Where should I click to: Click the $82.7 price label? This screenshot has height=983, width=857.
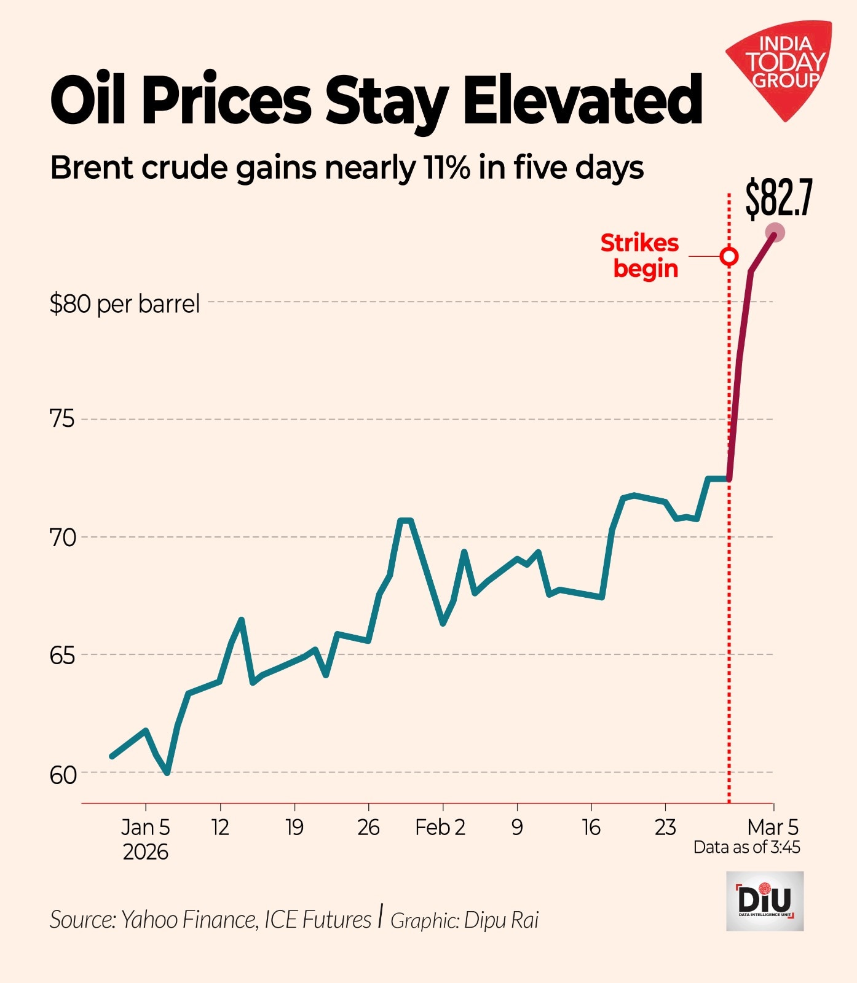coord(779,198)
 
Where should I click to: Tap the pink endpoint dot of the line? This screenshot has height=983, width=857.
coord(775,233)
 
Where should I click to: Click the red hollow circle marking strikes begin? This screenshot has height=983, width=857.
coord(729,256)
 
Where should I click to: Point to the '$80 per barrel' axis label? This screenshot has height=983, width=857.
coord(125,304)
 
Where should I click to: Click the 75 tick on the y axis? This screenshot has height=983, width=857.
coord(61,420)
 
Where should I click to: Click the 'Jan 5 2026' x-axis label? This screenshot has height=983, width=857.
coord(146,839)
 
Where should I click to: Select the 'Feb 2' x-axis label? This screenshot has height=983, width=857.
coord(440,828)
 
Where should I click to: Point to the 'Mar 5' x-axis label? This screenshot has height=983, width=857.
coord(773,827)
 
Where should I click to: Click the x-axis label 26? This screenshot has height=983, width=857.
coord(368,828)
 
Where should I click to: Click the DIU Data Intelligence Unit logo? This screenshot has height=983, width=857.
coord(765,901)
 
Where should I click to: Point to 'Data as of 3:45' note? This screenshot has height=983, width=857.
coord(747,848)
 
